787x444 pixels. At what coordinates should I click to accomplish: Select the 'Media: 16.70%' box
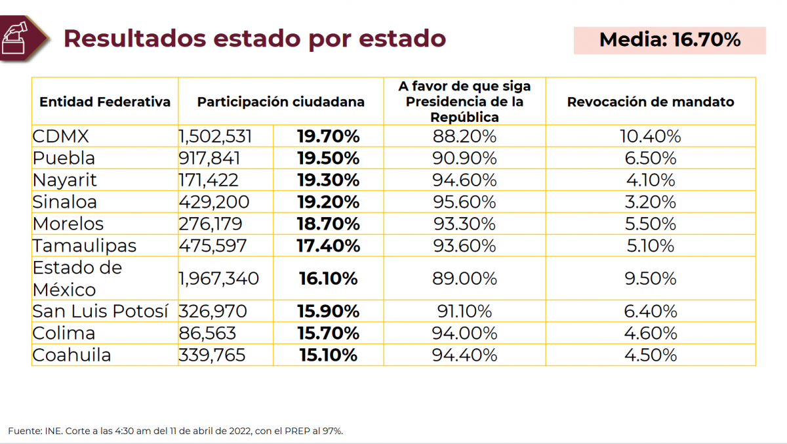pyautogui.click(x=670, y=40)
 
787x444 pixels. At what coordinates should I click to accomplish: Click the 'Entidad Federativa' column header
pyautogui.click(x=105, y=102)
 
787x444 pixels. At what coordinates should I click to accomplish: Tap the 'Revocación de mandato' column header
pyautogui.click(x=651, y=102)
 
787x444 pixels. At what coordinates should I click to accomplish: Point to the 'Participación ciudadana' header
pyautogui.click(x=281, y=102)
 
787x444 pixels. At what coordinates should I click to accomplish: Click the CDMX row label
pyautogui.click(x=60, y=136)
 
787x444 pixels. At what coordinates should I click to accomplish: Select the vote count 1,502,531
pyautogui.click(x=215, y=136)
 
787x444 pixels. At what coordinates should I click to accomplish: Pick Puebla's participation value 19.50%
pyautogui.click(x=328, y=158)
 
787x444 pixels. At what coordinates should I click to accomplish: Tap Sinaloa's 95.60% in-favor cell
pyautogui.click(x=464, y=201)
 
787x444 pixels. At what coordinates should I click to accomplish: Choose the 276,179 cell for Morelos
pyautogui.click(x=211, y=224)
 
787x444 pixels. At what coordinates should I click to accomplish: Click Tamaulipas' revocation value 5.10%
pyautogui.click(x=650, y=245)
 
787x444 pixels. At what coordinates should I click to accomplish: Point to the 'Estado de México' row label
pyautogui.click(x=77, y=279)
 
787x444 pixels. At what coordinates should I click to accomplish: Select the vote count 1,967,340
pyautogui.click(x=219, y=279)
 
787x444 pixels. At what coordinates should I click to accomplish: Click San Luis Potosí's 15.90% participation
pyautogui.click(x=328, y=311)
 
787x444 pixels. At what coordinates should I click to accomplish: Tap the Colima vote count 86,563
pyautogui.click(x=207, y=333)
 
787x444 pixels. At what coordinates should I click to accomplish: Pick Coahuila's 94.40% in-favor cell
pyautogui.click(x=464, y=355)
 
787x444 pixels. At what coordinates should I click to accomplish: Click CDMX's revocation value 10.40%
pyautogui.click(x=650, y=136)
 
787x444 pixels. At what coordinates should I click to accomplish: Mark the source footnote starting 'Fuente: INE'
pyautogui.click(x=176, y=430)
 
